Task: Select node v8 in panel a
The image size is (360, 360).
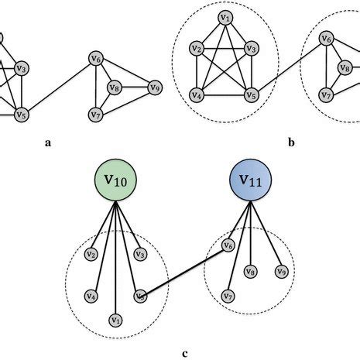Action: click(x=115, y=87)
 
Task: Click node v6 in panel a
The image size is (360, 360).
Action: click(x=96, y=58)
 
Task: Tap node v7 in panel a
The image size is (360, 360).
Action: click(x=96, y=115)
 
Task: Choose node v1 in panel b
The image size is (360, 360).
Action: click(x=225, y=18)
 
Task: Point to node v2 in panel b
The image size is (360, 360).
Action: click(x=198, y=51)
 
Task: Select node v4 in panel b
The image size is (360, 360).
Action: click(x=198, y=97)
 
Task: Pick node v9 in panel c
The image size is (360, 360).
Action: click(x=282, y=272)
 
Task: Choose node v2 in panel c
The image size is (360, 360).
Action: click(x=91, y=254)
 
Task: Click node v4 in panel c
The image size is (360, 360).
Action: click(x=91, y=296)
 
